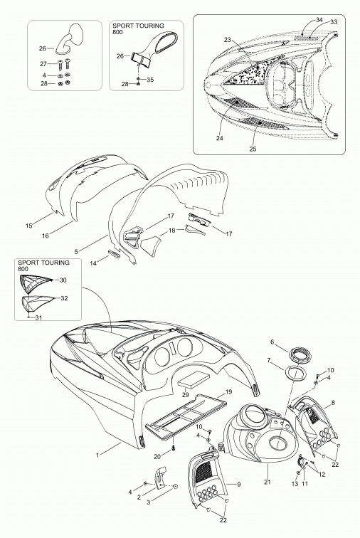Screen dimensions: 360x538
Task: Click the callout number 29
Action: coord(185,395)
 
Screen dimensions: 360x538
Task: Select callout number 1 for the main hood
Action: coord(97,455)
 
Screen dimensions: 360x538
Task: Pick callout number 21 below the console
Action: coord(268,482)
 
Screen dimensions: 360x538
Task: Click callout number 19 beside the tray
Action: coord(229,391)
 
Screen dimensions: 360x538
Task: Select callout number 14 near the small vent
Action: coord(94,263)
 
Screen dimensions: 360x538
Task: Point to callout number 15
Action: coord(29,226)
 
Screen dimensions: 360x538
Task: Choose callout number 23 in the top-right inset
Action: coord(228,40)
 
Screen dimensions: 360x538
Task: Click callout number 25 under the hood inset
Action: coord(253,149)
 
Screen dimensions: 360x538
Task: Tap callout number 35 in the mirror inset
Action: coord(150,80)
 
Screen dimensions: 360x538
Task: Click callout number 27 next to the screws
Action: coord(43,64)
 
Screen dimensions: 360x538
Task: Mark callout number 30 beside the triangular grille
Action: coord(63,280)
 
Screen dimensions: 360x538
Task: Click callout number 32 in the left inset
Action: coord(64,298)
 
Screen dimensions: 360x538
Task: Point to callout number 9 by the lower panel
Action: coord(239,484)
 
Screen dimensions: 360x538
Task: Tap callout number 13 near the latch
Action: coord(295,483)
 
